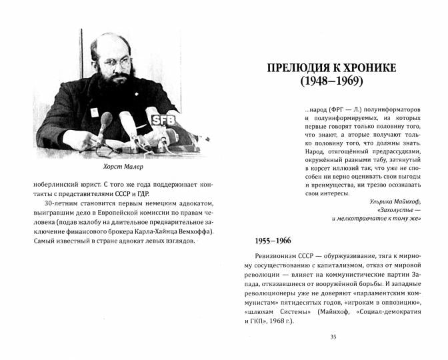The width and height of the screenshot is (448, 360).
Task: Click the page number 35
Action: click(333, 336)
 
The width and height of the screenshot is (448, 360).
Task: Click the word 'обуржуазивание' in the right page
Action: click(343, 258)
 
